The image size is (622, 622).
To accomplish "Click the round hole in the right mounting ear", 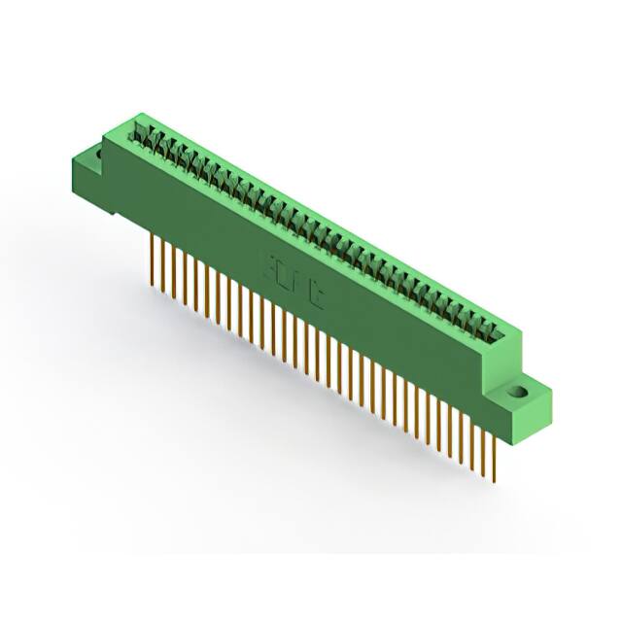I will click(518, 394).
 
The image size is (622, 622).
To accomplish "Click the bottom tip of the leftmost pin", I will click(153, 278).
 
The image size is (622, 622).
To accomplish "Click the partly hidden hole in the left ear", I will click(97, 152).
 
